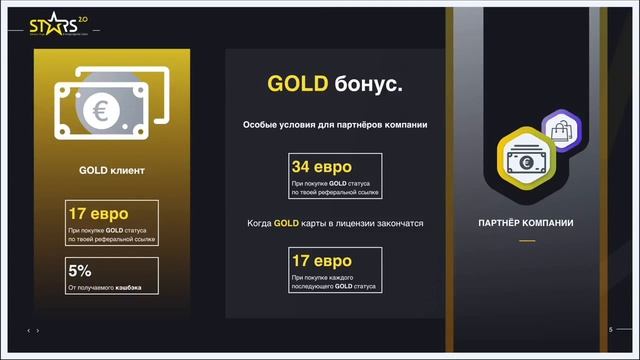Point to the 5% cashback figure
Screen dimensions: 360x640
pos(80,270)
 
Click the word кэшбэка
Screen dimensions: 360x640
pos(125,288)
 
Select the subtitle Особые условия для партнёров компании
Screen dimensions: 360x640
pos(335,125)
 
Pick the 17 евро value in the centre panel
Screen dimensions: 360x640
pos(321,262)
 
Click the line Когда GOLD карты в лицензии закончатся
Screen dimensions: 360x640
pos(335,223)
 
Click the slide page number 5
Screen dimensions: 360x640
pos(610,330)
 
